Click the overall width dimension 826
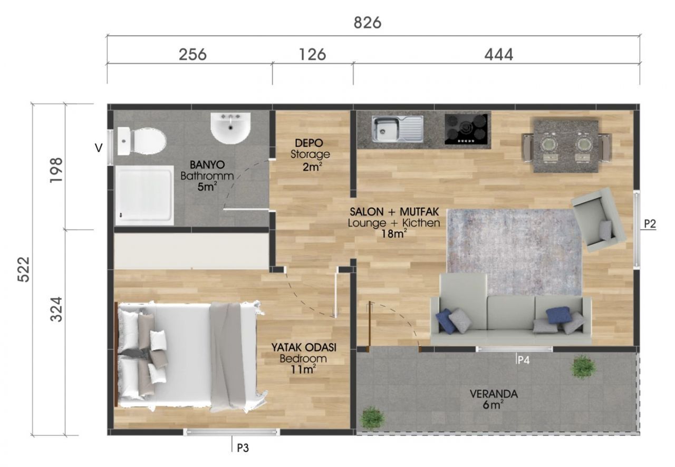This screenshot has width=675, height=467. pos(368,23)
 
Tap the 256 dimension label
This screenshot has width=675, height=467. pos(192,54)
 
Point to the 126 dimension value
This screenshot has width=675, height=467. pos(313,54)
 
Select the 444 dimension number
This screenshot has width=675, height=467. pos(498,55)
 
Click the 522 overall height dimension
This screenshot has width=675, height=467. pos(24,269)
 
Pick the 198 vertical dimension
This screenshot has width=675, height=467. pos(56,170)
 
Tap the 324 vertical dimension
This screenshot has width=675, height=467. pos(56,309)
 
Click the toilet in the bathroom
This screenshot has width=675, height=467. pos(141,141)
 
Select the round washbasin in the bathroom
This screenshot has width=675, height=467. pos(230,129)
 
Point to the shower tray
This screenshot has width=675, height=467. pos(144,195)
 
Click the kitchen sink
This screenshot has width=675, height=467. pos(398,129)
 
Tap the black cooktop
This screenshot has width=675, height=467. pos(466,129)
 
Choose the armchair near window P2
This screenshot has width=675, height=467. pos(599,220)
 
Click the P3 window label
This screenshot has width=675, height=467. pos(243,448)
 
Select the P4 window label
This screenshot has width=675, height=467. pos(524,360)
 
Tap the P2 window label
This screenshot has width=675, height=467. pos(650,224)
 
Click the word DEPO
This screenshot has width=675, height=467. pos(309,143)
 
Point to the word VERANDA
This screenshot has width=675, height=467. pos(494,394)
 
